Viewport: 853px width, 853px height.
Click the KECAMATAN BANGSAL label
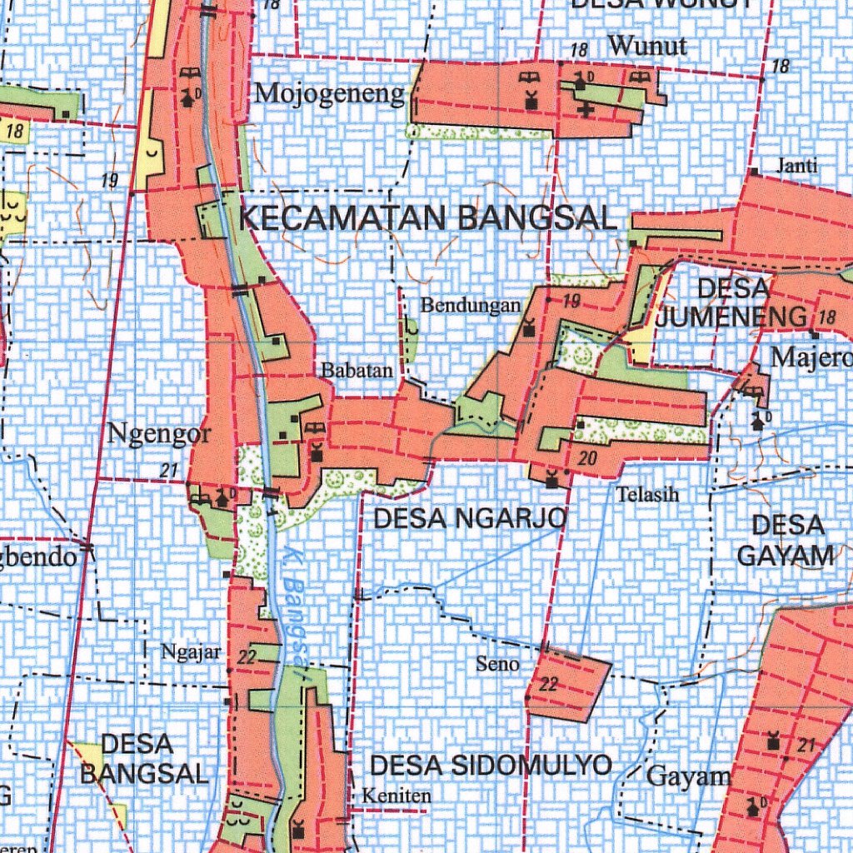pos(427,218)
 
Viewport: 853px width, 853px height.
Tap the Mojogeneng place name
pos(329,93)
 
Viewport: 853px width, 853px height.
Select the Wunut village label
pos(647,46)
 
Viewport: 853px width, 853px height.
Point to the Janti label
pos(796,166)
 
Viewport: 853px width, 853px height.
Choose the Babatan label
pos(354,371)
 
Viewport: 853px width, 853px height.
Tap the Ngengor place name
pos(159,434)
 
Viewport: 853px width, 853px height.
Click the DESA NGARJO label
pos(471,519)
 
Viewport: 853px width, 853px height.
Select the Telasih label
pos(647,495)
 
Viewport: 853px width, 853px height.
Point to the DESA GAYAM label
pos(786,541)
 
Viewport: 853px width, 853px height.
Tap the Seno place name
pos(497,664)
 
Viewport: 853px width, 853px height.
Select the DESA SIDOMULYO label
pos(491,766)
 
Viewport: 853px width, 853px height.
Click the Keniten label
pos(397,796)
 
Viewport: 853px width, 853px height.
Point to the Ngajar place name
pos(191,651)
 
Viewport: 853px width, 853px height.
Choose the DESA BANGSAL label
pos(143,758)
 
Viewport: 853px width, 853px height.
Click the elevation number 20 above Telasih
pos(588,457)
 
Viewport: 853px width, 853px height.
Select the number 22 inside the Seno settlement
pos(548,685)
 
